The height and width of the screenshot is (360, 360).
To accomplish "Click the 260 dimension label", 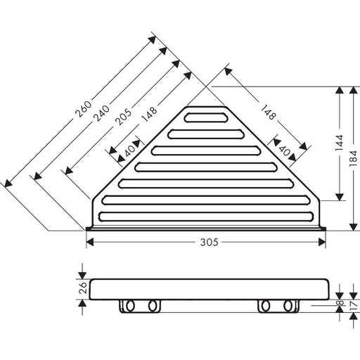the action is (x=83, y=109).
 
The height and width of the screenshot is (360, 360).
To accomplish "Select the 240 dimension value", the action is (x=101, y=113).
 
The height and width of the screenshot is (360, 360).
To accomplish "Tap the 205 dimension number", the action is (x=123, y=117).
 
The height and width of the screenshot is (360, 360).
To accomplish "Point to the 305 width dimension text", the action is (x=209, y=243).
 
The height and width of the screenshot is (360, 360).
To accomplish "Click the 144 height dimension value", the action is (x=339, y=143).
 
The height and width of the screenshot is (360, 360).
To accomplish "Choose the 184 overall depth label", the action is (x=354, y=158).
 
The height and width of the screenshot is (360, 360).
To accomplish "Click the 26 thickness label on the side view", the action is (x=84, y=288).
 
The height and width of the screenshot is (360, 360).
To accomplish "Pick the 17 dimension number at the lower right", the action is (x=354, y=307).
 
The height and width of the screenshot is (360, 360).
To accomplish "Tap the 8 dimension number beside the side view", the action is (x=341, y=302).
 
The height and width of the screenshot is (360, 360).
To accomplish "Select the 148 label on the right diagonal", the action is (x=268, y=112).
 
